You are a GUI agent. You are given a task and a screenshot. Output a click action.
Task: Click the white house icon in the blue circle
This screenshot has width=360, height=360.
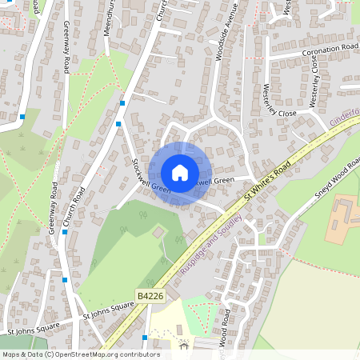click(180, 173)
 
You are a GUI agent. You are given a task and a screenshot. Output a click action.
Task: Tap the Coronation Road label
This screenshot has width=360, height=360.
click(330, 50)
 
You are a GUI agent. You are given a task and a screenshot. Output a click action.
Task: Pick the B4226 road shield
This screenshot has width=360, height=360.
click(150, 295)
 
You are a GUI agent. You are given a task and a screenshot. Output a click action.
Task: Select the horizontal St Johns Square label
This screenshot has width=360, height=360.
click(34, 328)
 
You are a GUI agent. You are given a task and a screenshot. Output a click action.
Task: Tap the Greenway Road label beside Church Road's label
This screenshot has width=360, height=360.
click(54, 210)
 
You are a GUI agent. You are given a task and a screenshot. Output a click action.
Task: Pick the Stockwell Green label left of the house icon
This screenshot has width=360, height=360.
click(151, 175)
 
